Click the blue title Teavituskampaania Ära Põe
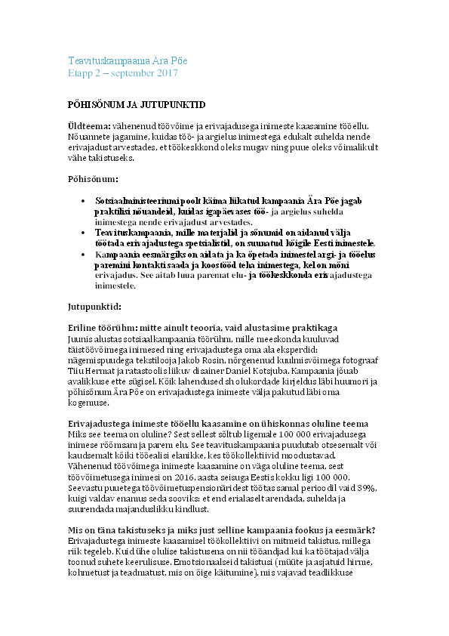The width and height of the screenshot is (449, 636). [x=128, y=60]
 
